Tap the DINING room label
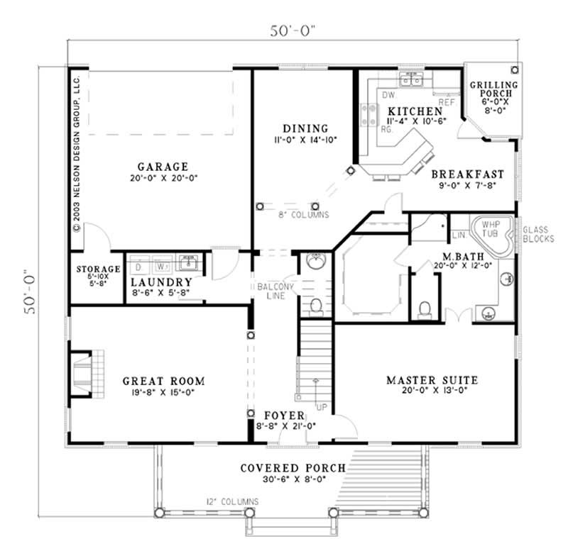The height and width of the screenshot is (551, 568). click(x=305, y=128)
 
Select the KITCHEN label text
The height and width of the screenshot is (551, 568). click(x=410, y=112)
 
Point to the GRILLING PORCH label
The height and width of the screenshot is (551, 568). click(x=494, y=90)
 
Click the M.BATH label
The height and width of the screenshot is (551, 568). click(x=462, y=255)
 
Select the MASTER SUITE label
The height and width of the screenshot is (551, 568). click(x=432, y=381)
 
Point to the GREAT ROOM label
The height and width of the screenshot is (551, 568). click(x=164, y=379)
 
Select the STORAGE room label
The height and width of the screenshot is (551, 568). click(x=98, y=269)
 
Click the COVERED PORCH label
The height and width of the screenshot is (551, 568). click(x=293, y=468)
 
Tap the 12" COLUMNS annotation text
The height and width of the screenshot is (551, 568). click(x=233, y=502)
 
